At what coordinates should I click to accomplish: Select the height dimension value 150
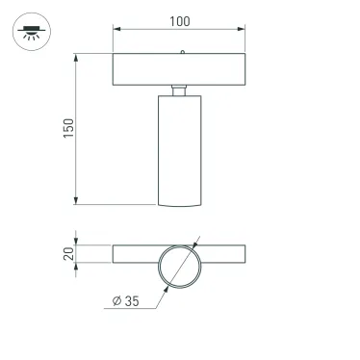tap(68, 130)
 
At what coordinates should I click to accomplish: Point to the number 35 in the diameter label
tap(131, 301)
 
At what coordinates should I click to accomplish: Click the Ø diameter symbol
tap(116, 301)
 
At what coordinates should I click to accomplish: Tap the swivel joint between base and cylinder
tap(179, 90)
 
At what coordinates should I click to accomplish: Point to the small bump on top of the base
tap(182, 52)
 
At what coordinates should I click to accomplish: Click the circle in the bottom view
tap(179, 265)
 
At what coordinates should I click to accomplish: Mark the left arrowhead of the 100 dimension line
tap(117, 30)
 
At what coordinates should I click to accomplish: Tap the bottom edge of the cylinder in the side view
tap(179, 205)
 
